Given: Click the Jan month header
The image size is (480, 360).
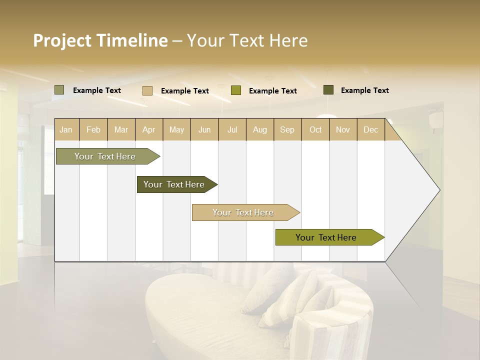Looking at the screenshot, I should point(66,129).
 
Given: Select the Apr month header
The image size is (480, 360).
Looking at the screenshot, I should point(148,129).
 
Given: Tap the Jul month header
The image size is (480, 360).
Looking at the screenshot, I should point(232,129).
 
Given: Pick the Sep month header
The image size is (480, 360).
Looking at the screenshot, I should point(287,129).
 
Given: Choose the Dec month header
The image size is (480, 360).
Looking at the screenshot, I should point(370,129).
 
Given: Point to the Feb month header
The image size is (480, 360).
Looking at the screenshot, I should point(93,129).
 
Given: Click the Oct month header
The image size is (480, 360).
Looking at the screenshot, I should point(315,129).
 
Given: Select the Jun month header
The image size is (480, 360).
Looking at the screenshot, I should point(204,129).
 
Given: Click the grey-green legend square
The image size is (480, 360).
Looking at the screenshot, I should point(59,90).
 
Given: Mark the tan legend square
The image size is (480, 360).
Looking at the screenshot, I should point(147,90).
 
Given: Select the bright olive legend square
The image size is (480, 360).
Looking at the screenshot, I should point(236,90).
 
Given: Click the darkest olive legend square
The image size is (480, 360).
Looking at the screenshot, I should point(328,90).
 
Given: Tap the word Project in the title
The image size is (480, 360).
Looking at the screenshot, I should point(62,40).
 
